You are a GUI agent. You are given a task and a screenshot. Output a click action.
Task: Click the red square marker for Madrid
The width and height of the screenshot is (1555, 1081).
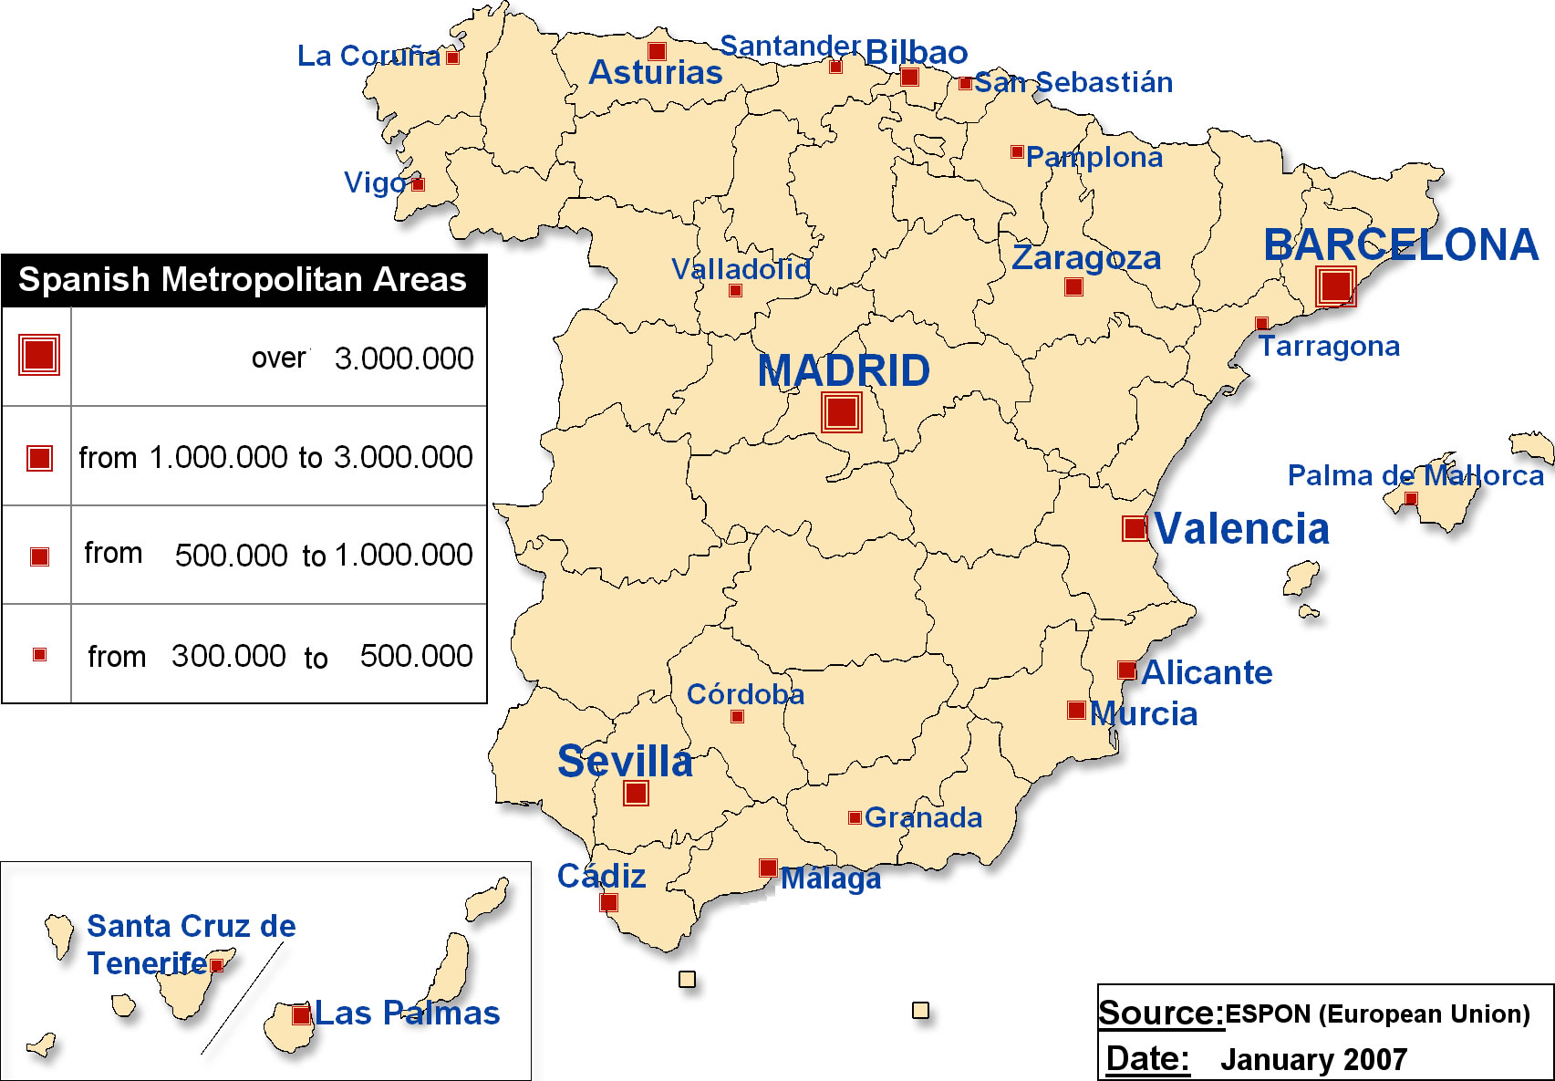pos(841,411)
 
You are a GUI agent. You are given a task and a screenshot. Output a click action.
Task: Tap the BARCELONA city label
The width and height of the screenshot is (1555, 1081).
pos(1400,244)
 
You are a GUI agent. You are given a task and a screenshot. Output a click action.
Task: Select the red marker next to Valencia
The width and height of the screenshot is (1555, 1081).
pos(1135,528)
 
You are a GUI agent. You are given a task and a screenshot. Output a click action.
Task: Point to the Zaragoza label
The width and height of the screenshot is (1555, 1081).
pos(1086,258)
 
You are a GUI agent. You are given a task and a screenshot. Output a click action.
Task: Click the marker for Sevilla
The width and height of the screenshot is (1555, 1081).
pos(636,793)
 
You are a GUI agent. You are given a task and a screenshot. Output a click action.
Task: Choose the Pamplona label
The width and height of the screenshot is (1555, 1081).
pos(1094,158)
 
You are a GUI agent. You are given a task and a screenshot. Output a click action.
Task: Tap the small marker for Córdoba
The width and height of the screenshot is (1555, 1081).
pos(737,716)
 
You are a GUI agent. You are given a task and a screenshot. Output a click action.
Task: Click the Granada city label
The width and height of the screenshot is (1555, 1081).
pos(923,817)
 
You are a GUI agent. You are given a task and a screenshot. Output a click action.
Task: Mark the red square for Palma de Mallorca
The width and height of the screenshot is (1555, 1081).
pos(1411,498)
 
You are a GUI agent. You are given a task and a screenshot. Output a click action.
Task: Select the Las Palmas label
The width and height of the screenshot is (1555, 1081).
pos(407,1013)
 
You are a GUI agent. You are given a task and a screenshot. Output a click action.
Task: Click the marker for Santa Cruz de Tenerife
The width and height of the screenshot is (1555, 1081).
pos(216,965)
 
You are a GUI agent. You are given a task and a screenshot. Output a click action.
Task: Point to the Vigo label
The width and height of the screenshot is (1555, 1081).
pos(374,183)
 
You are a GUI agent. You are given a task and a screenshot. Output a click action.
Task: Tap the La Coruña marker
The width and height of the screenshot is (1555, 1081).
pos(452,57)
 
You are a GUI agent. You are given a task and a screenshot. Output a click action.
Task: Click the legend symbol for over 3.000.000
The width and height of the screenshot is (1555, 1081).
pos(39,355)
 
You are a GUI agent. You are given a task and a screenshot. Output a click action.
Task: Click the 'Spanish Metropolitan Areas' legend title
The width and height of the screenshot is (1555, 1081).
pos(243,280)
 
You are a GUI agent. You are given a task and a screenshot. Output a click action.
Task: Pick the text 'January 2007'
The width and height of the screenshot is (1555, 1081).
pos(1313,1059)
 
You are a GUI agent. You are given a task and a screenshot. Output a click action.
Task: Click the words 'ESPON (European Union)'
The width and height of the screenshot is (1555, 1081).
pos(1377,1013)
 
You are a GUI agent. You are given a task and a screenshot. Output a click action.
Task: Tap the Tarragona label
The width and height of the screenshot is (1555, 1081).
pos(1329,347)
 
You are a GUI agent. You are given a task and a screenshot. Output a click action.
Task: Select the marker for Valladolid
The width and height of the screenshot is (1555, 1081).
pos(735,291)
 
